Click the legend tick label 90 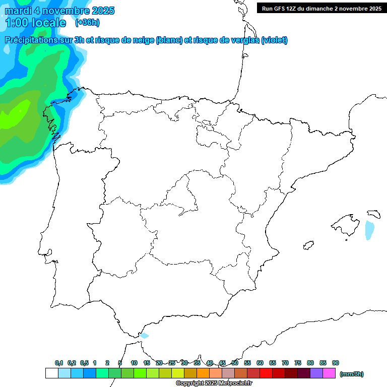pyautogui.click(x=336, y=363)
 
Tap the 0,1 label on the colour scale pyautogui.click(x=59, y=363)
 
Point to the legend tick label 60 pyautogui.click(x=260, y=363)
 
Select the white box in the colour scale pyautogui.click(x=51, y=373)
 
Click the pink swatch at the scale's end pyautogui.click(x=329, y=373)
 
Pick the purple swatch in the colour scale pyautogui.click(x=316, y=373)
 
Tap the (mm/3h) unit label pyautogui.click(x=352, y=374)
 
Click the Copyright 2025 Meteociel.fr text pyautogui.click(x=214, y=383)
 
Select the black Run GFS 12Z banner pyautogui.click(x=321, y=9)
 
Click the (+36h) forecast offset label pyautogui.click(x=87, y=23)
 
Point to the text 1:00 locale pyautogui.click(x=35, y=23)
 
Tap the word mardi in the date pyautogui.click(x=18, y=11)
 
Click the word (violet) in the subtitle pyautogui.click(x=275, y=40)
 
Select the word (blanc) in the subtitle pyautogui.click(x=169, y=40)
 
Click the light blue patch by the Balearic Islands pyautogui.click(x=370, y=230)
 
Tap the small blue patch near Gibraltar pyautogui.click(x=145, y=336)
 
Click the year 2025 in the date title pyautogui.click(x=101, y=11)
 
